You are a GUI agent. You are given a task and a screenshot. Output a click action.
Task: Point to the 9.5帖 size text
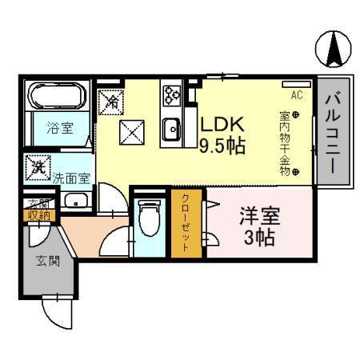coord(222,146)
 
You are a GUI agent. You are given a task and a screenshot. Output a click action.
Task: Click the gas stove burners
coord(171,96)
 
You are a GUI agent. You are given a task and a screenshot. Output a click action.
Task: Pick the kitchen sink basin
coord(170,127)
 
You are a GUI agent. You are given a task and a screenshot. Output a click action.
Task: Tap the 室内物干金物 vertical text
coord(286,144)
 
